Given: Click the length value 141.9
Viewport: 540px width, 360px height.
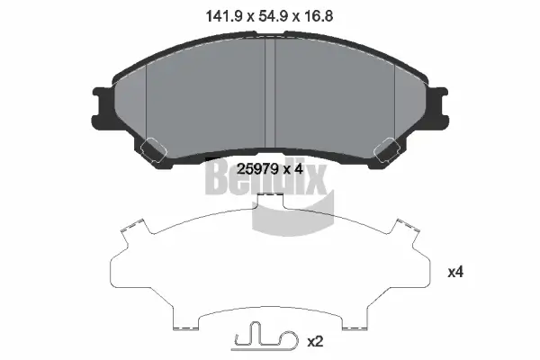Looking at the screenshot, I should (x=217, y=13).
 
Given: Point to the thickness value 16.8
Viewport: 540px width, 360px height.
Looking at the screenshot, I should (x=322, y=13).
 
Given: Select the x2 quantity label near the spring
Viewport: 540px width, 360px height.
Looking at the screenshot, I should (x=316, y=342).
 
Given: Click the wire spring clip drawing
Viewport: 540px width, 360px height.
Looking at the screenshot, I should (x=260, y=339).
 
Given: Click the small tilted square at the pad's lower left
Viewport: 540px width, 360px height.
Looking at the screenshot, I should (x=151, y=146).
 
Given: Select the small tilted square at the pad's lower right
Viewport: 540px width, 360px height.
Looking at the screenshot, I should (x=390, y=146).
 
